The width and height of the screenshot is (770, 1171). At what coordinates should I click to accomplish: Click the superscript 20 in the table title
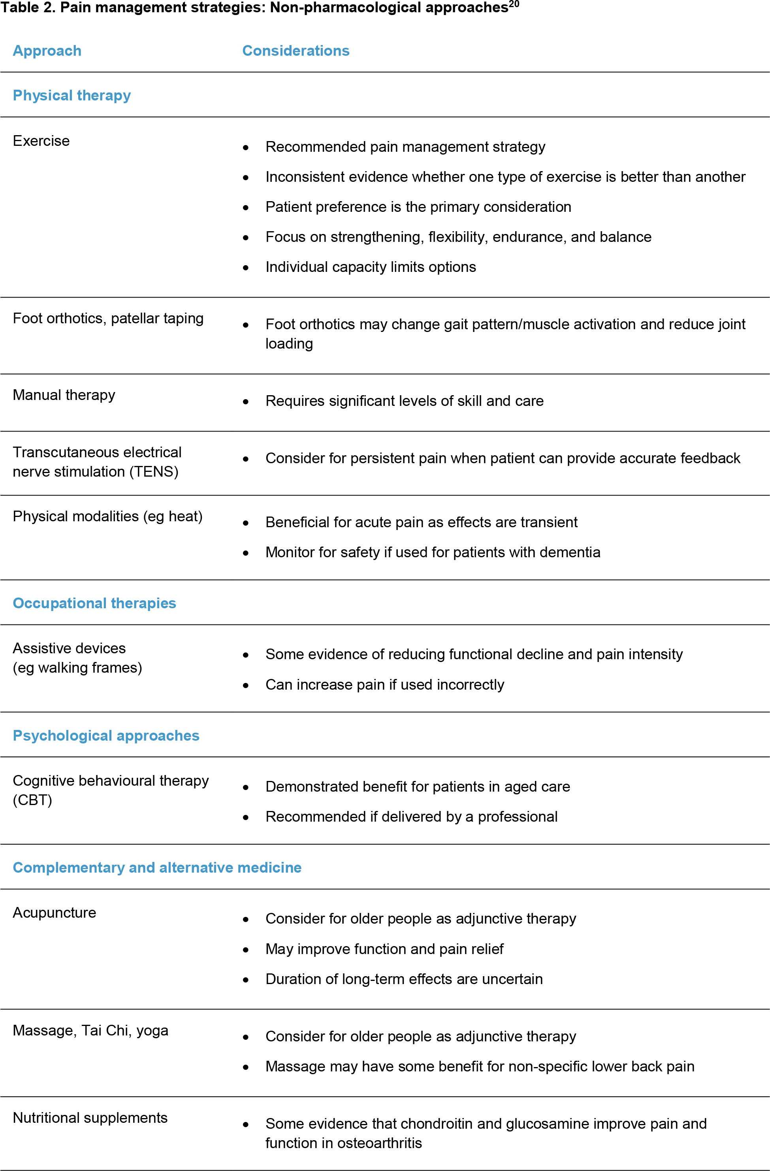point(514,4)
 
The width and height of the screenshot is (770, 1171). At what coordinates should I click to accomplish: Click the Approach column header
point(47,51)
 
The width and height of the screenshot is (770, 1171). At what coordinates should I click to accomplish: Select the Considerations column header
point(296,51)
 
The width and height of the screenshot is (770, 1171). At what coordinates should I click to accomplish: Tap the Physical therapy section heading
point(72,96)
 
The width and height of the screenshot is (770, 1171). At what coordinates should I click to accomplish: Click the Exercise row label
point(41,141)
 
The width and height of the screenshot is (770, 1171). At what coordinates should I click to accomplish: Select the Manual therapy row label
point(64,395)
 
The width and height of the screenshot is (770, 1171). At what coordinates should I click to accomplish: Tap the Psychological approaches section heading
point(106,735)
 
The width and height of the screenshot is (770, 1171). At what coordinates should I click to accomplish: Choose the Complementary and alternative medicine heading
point(157,867)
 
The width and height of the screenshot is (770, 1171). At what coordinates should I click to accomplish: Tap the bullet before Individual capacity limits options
point(246,268)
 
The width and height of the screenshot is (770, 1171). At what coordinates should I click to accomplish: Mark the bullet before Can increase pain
point(246,685)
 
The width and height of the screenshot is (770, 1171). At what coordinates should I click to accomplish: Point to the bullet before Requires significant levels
point(246,402)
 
